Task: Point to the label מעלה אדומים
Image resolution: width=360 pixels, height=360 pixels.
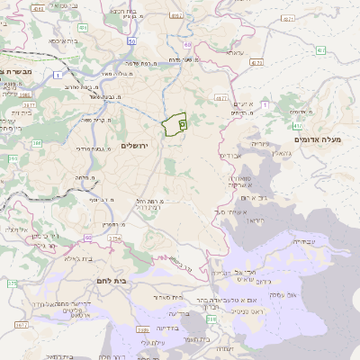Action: coord(313,139)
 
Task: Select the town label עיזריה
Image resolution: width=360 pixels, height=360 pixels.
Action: coord(260,143)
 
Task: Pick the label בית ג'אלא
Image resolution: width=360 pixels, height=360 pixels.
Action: coord(67,257)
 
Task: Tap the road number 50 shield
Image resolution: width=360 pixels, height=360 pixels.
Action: coord(132,41)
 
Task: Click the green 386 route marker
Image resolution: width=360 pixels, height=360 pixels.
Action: coord(37,143)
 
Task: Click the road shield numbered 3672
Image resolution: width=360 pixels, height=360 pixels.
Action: coord(22,325)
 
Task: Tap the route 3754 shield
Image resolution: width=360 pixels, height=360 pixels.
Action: coord(114,238)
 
